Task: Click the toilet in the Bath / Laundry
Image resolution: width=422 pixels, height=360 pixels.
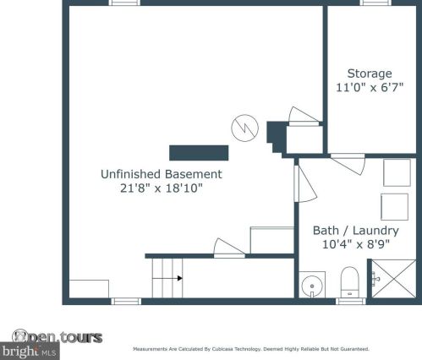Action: [x=349, y=281]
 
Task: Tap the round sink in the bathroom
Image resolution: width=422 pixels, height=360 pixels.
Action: [x=312, y=285]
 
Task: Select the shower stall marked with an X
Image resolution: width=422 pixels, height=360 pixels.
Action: [x=394, y=279]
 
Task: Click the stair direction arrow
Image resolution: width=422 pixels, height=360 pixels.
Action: [x=167, y=278]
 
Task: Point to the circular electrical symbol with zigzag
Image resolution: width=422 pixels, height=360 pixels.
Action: [x=244, y=128]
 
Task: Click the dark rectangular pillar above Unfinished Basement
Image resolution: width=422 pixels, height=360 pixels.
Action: [x=199, y=153]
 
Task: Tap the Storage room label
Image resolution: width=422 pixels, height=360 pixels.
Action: [x=370, y=74]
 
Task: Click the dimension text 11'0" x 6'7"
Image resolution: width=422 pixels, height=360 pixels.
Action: [x=370, y=87]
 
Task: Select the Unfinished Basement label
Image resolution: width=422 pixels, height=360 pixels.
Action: [x=162, y=174]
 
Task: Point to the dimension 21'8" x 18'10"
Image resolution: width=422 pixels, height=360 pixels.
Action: [x=162, y=188]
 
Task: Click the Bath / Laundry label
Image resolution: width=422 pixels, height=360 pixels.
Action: [x=356, y=231]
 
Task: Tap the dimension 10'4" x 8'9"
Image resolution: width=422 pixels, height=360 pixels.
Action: [x=356, y=244]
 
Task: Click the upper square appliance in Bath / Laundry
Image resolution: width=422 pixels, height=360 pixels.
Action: [x=397, y=172]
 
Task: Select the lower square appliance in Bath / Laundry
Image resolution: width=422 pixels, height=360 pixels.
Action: [x=394, y=207]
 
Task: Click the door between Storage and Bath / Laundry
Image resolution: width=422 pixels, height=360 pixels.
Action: [x=348, y=164]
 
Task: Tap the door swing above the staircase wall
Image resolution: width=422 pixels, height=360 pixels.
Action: [x=229, y=248]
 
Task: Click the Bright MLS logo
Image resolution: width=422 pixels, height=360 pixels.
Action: [x=30, y=351]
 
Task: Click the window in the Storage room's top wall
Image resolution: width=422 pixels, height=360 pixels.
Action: [x=375, y=3]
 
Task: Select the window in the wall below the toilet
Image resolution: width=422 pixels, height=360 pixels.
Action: [x=351, y=301]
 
